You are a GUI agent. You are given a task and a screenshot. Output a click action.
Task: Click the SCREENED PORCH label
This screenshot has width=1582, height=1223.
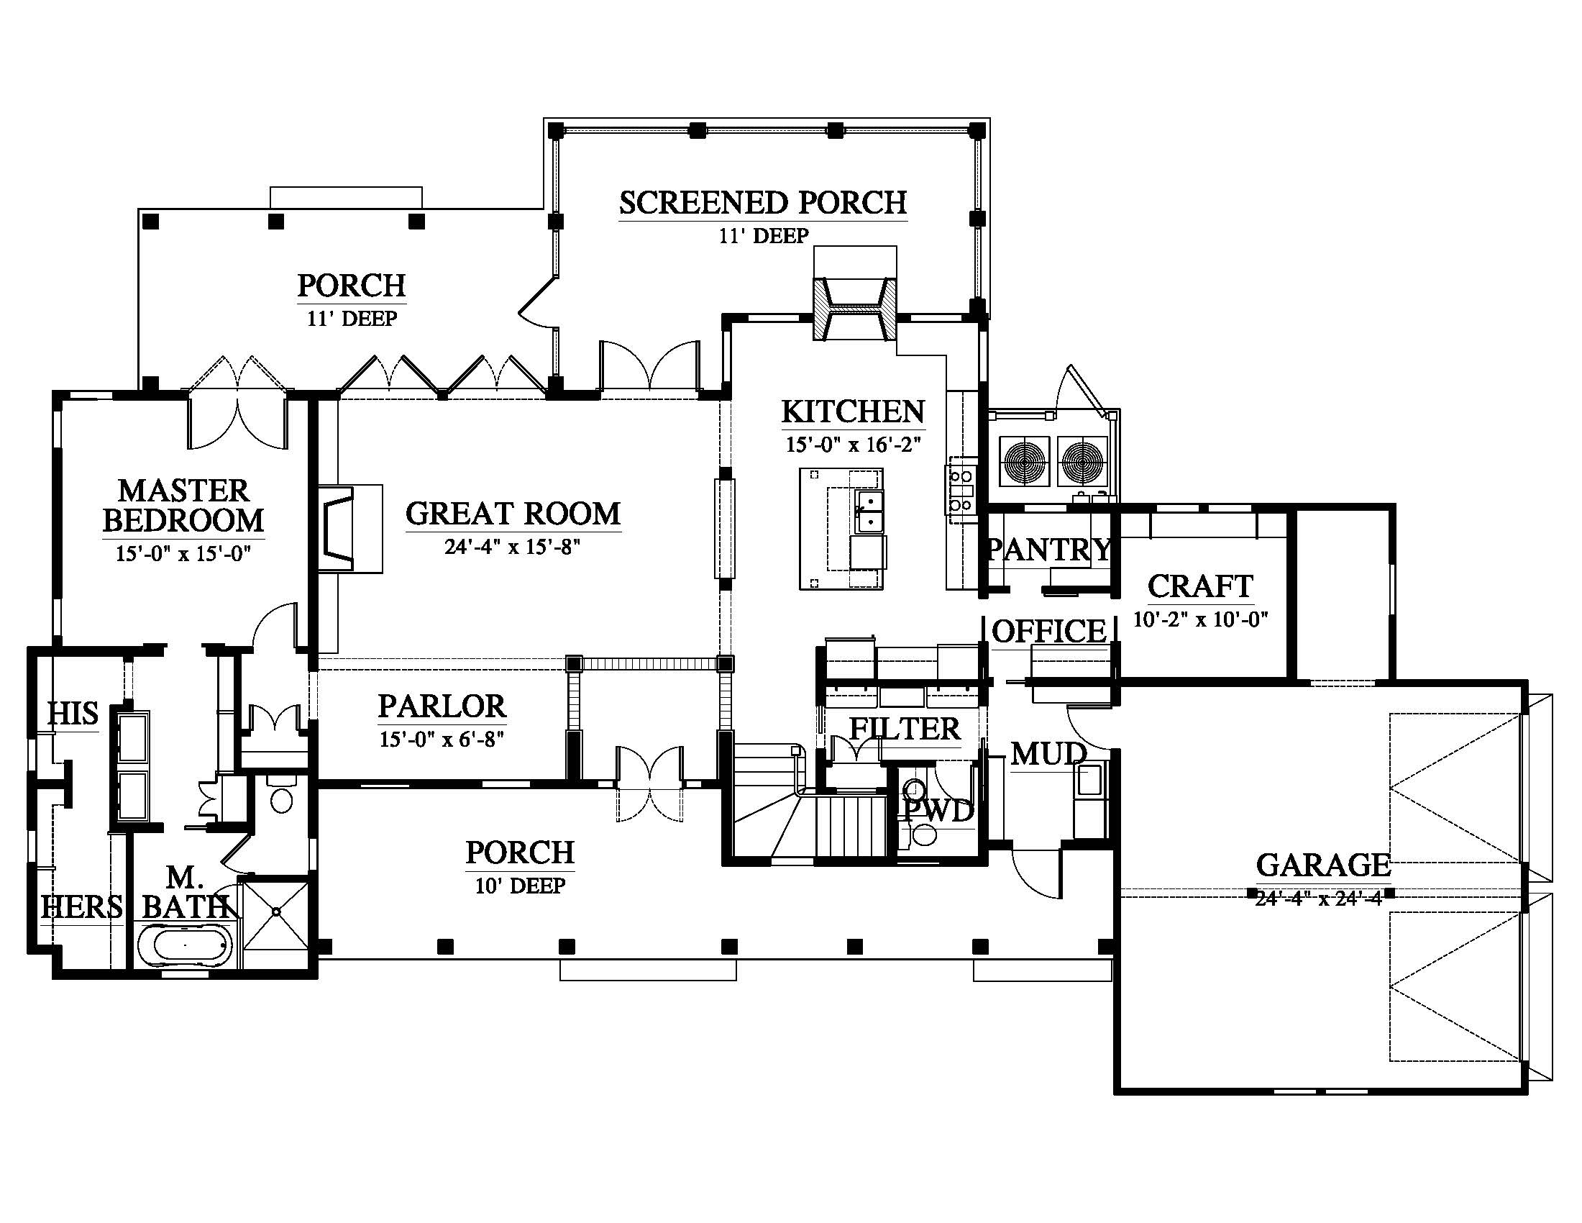(763, 203)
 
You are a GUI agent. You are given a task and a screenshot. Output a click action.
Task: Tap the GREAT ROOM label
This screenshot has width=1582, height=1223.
(513, 514)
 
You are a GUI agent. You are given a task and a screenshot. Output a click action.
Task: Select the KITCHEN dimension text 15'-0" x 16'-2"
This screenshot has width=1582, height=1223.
(853, 444)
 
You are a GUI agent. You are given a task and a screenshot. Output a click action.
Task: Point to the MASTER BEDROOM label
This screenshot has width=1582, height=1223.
(183, 505)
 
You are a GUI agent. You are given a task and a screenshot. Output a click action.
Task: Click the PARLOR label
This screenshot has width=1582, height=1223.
(442, 706)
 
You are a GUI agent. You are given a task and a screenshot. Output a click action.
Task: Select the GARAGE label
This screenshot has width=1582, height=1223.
(1322, 865)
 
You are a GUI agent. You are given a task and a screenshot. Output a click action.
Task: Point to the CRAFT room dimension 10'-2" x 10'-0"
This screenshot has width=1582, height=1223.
(1200, 619)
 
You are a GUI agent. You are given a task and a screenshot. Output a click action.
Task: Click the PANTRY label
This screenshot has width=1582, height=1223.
(1049, 550)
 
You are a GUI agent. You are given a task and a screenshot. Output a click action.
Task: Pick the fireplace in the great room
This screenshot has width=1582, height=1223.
(350, 529)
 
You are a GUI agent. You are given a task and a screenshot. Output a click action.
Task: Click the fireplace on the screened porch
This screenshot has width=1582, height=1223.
(855, 309)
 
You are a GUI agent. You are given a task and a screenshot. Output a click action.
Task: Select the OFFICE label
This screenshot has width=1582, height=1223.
(1048, 632)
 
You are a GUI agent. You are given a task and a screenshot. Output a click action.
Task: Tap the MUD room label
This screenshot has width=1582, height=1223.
(1048, 754)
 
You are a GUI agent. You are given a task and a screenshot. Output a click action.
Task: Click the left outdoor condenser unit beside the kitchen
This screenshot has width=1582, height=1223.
(1025, 461)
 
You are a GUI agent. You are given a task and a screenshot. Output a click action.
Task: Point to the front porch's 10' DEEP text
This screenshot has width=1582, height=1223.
(520, 886)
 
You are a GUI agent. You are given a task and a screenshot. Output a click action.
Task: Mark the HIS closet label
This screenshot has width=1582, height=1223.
(73, 714)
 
